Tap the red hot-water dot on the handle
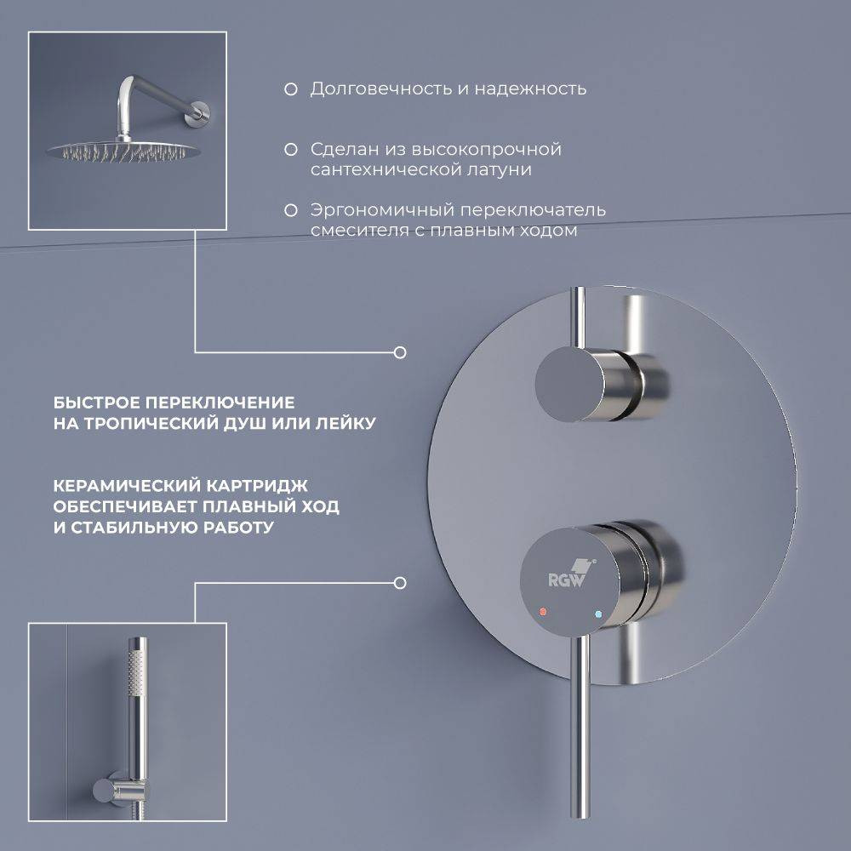click(x=543, y=612)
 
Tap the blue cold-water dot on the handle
click(x=598, y=615)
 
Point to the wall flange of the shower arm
click(x=202, y=114)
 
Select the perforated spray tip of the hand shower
click(x=137, y=672)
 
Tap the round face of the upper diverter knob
click(x=568, y=384)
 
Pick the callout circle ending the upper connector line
click(x=400, y=353)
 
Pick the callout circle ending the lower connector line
click(x=400, y=584)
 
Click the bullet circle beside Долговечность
click(x=291, y=89)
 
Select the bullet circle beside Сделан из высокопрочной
click(x=291, y=150)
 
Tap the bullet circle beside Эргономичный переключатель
click(x=291, y=210)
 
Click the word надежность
click(x=530, y=89)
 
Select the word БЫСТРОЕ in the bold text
click(x=96, y=403)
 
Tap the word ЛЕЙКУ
click(x=346, y=423)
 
